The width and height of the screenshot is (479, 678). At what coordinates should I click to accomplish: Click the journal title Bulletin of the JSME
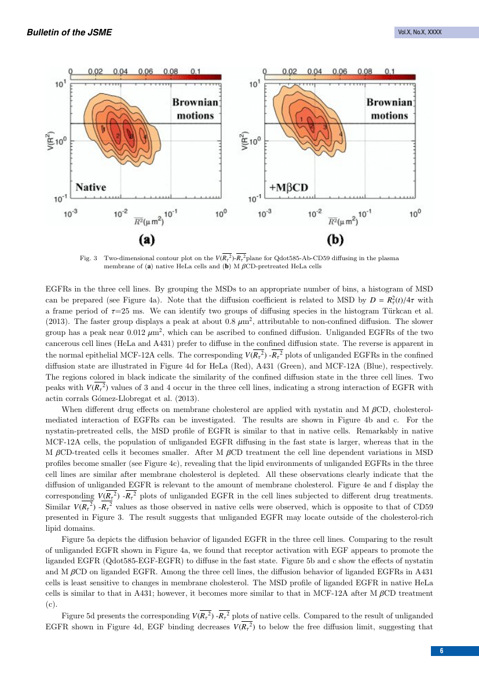pos(69,32)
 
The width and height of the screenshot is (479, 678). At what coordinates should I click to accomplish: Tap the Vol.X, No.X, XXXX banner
pos(419,32)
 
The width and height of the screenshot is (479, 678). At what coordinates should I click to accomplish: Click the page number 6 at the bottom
pos(442,651)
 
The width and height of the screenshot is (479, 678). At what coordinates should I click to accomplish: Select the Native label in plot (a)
pos(91,187)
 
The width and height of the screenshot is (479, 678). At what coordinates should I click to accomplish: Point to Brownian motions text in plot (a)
pos(195,109)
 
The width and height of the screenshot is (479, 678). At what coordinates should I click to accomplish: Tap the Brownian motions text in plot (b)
pos(389,109)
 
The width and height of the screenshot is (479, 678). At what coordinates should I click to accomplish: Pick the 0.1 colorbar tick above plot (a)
pos(195,71)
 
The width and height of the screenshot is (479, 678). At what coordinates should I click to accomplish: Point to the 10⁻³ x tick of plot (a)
pos(71,213)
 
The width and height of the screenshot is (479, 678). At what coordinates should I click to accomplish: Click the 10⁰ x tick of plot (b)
pos(415,213)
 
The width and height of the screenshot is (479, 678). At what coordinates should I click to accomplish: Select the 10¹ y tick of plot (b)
pos(254,85)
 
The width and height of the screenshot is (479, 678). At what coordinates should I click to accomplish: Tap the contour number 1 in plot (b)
pos(302,119)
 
